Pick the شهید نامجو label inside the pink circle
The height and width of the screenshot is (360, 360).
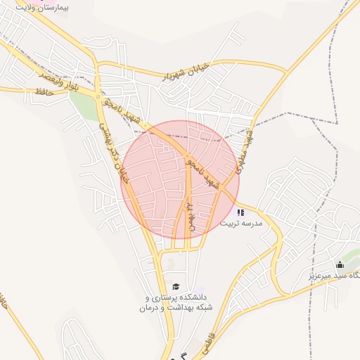[202, 172]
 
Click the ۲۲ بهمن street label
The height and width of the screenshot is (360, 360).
[189, 211]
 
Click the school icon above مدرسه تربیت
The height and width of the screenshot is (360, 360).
[240, 212]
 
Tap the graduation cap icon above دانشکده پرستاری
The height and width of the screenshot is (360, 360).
[175, 286]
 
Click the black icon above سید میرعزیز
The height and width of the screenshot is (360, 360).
[340, 264]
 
